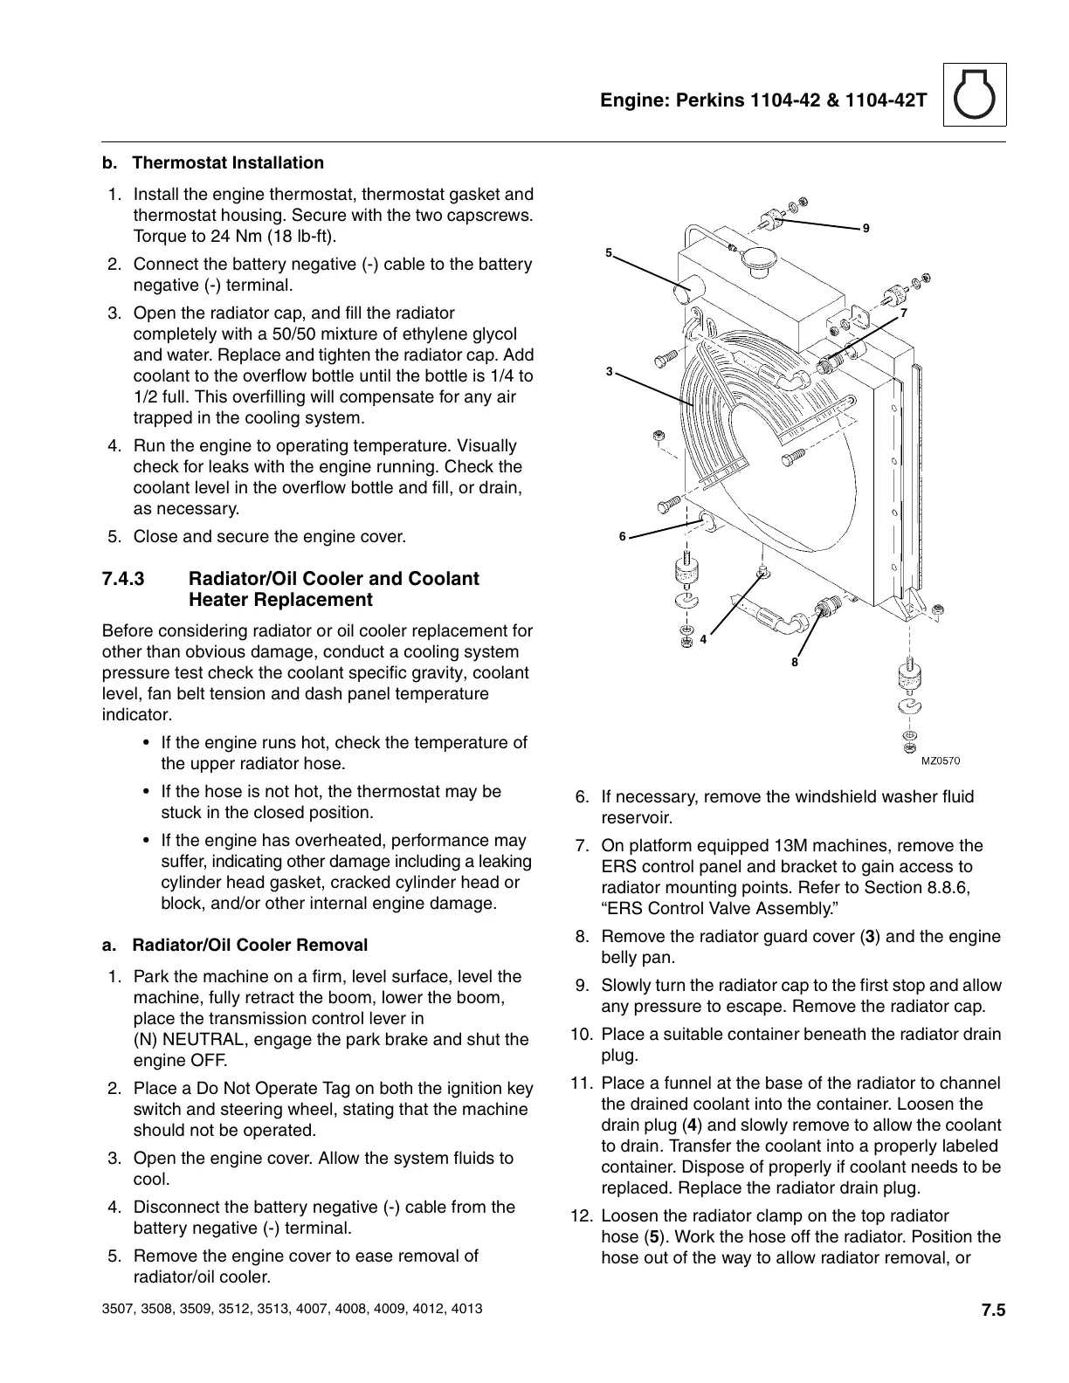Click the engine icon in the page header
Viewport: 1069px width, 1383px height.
[x=975, y=95]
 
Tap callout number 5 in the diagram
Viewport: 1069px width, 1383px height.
[x=609, y=252]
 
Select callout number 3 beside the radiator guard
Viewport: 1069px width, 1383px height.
[x=609, y=372]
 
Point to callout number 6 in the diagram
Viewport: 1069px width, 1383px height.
[x=623, y=536]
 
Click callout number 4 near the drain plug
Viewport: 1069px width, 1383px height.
[x=703, y=639]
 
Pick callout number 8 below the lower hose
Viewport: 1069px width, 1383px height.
[x=795, y=662]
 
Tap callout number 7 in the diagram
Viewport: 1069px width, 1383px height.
[x=904, y=312]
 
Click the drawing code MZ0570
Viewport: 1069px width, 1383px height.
[x=941, y=760]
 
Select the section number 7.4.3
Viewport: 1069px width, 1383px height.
[x=123, y=579]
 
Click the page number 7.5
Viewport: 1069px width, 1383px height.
[x=993, y=1311]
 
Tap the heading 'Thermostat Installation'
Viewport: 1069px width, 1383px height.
[x=228, y=163]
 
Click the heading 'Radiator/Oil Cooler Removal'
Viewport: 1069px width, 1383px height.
[x=250, y=946]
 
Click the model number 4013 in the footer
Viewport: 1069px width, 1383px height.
[x=465, y=1311]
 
